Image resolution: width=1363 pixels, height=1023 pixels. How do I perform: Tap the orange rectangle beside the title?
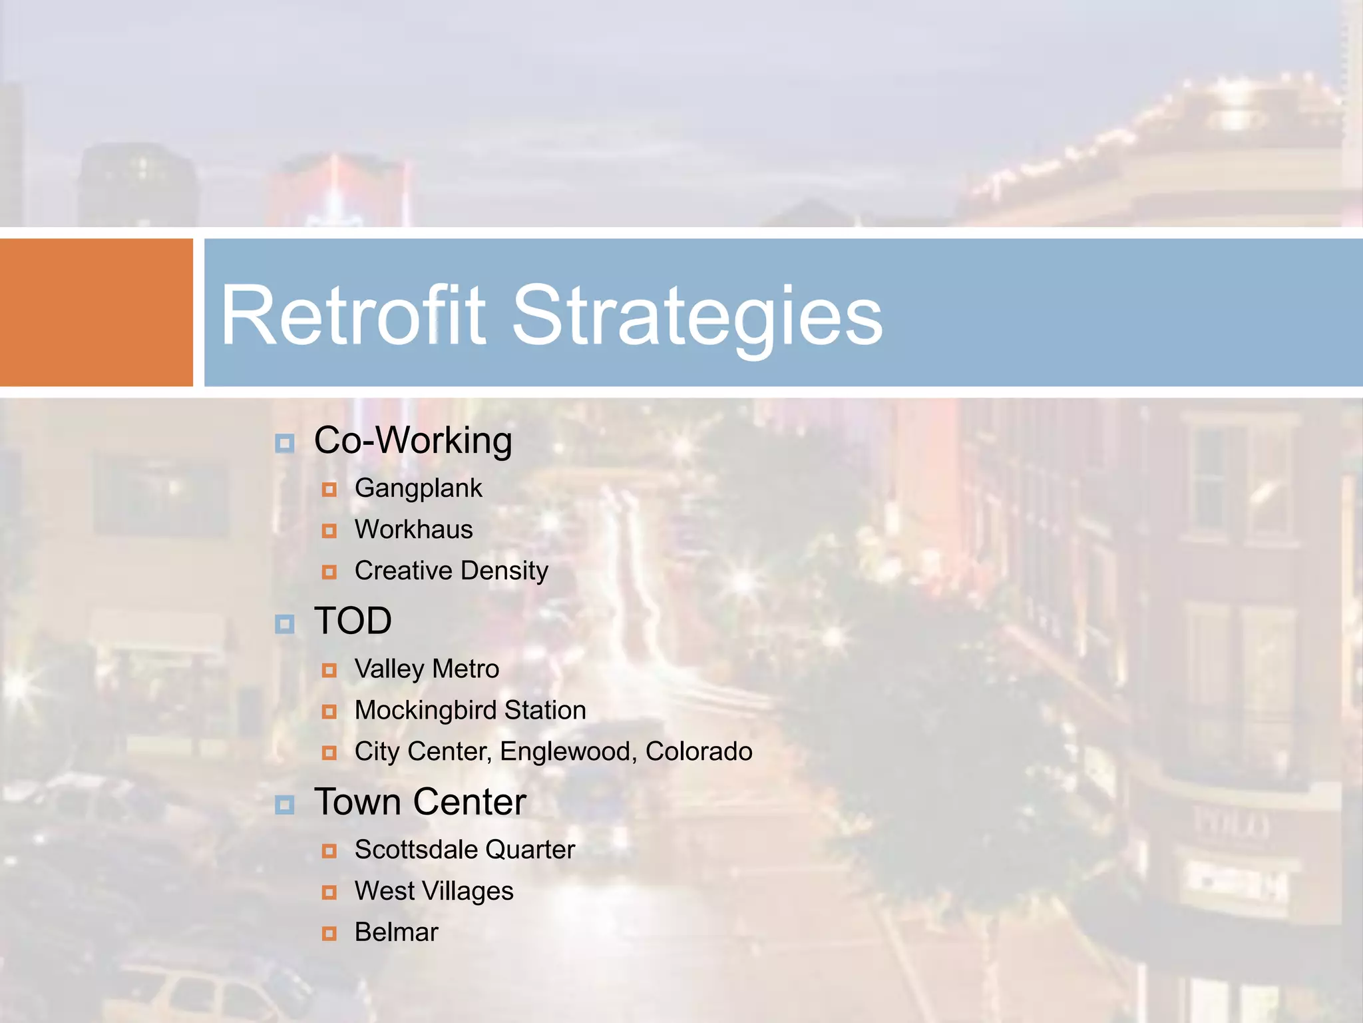(96, 312)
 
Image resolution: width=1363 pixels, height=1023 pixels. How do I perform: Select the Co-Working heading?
(413, 441)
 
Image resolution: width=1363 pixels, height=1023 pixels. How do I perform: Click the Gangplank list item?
(418, 488)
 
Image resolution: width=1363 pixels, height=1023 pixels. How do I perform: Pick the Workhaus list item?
(413, 529)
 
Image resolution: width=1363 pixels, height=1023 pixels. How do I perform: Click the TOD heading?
(353, 621)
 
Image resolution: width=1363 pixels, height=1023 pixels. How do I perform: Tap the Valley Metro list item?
(427, 669)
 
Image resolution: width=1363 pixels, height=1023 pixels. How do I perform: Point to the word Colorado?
(699, 751)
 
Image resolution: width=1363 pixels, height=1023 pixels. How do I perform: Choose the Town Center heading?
(420, 802)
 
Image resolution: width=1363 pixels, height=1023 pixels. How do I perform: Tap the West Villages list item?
(434, 891)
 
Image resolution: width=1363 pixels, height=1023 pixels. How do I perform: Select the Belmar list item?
(396, 932)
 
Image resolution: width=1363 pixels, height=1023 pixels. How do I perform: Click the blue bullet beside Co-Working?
(285, 443)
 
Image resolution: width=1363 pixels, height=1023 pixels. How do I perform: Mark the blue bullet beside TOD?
(285, 624)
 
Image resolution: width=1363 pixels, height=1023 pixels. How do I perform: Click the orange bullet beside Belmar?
(329, 934)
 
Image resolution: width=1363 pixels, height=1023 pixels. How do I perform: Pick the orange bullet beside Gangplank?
(329, 490)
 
